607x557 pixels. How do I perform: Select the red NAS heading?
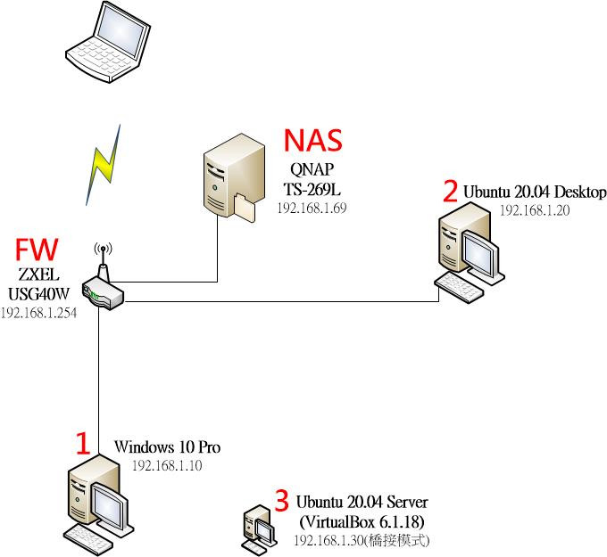[x=312, y=141]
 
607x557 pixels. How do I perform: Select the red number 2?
[x=450, y=191]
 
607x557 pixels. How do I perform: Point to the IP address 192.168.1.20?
[x=534, y=211]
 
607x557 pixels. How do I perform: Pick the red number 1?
[x=82, y=444]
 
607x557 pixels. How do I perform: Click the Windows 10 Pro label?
[x=168, y=446]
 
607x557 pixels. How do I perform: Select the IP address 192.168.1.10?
[x=167, y=465]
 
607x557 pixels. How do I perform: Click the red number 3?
[x=281, y=497]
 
